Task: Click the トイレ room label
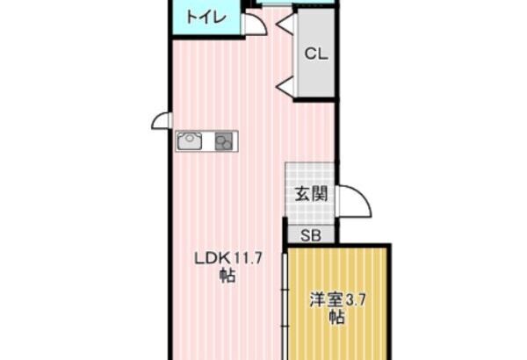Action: point(206,18)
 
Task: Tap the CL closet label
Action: point(316,54)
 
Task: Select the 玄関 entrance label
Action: point(311,194)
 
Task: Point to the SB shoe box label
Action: point(311,235)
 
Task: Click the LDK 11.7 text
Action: point(228,259)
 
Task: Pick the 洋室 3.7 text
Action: point(337,299)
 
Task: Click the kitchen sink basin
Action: point(190,140)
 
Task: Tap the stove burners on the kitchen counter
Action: point(223,141)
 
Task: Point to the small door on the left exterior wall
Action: point(162,120)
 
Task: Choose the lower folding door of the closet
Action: point(285,87)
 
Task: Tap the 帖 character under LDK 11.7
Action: point(227,276)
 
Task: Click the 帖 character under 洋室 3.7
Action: point(336,316)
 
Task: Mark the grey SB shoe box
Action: point(311,234)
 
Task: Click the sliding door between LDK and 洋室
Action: point(285,306)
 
